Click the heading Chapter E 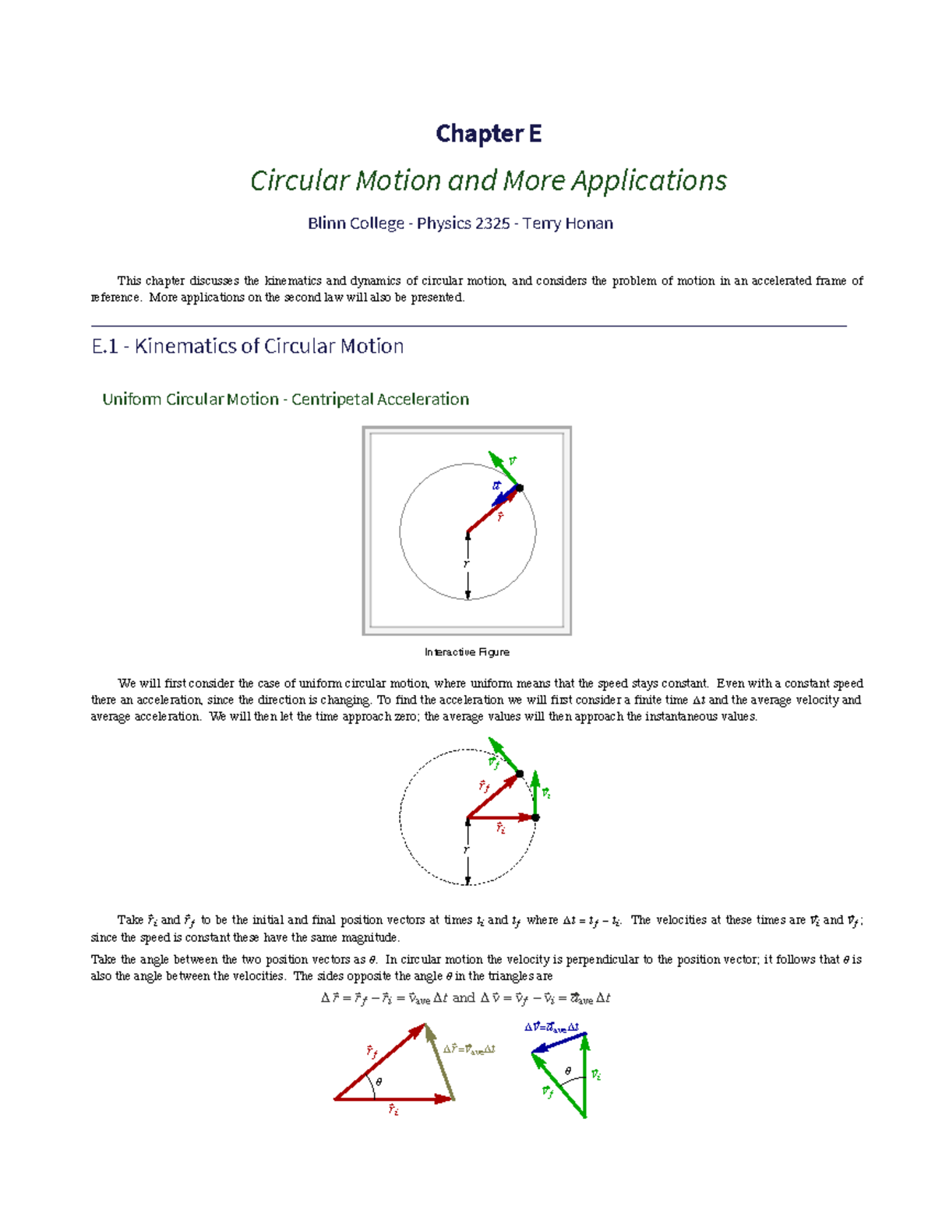tap(489, 134)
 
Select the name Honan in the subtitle tap(588, 224)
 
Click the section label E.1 tap(104, 347)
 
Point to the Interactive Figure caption tap(467, 652)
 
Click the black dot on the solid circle tap(520, 488)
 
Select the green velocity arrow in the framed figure tap(503, 468)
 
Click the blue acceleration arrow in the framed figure tap(506, 496)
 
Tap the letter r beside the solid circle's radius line tap(466, 564)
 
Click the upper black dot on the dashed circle tap(520, 774)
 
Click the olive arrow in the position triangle tap(439, 1063)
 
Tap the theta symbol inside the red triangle tap(379, 1082)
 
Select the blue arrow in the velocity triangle tap(559, 1043)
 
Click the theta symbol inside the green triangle tap(568, 1071)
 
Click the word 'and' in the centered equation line tap(464, 998)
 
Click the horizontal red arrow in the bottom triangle tap(393, 1099)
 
